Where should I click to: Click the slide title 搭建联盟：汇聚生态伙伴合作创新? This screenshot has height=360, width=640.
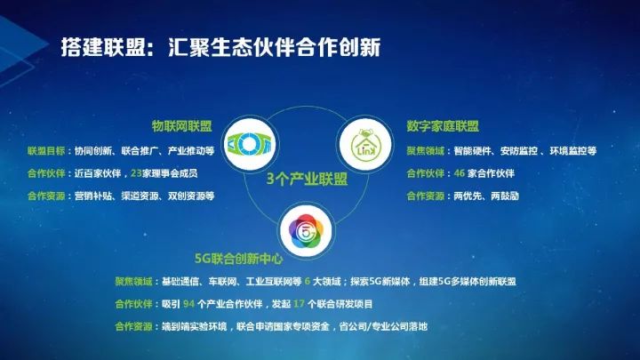220,47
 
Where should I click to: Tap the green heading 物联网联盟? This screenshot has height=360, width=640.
181,126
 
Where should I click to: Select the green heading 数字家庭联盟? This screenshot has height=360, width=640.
443,126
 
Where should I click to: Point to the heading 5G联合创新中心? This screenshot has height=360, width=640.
239,259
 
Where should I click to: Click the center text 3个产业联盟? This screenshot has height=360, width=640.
307,180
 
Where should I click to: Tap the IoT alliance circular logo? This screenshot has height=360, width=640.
250,144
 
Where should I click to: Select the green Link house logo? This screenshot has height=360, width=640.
365,144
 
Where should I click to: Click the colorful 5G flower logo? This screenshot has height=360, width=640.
306,231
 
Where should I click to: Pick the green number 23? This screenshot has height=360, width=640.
136,173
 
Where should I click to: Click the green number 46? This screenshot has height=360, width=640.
460,173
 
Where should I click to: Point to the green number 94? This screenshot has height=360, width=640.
188,304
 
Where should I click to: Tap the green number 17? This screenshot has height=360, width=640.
299,304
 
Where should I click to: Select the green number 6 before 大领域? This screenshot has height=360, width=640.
308,282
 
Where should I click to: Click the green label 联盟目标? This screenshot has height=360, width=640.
46,151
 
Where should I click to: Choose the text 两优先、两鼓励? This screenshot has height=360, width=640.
486,196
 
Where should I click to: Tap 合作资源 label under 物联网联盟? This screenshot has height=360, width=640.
46,196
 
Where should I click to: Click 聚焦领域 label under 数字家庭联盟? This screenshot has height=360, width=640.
425,151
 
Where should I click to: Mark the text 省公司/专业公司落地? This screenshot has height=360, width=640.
383,326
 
